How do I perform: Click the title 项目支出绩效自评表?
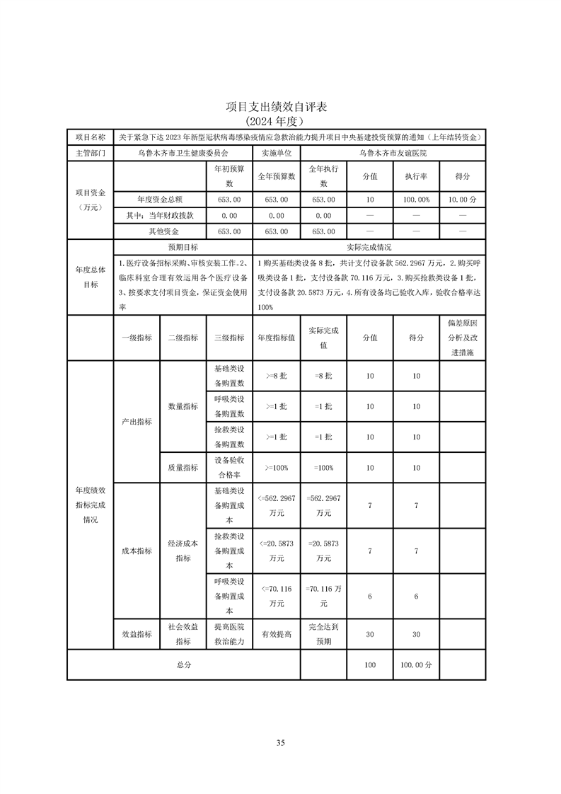click(x=280, y=107)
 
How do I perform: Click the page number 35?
click(x=280, y=742)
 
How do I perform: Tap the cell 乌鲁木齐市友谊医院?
click(x=393, y=152)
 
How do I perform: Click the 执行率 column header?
click(x=416, y=176)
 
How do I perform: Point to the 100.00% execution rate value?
click(x=416, y=200)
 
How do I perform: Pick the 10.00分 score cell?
click(x=462, y=200)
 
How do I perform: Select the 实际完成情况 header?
click(x=369, y=248)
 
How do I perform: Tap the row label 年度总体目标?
click(x=90, y=277)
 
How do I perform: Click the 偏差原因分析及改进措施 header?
click(x=462, y=337)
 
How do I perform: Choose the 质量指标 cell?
click(x=183, y=467)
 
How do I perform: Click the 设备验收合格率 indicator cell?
click(x=229, y=467)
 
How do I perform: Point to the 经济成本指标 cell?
click(x=183, y=551)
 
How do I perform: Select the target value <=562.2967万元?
click(x=276, y=505)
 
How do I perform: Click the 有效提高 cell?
click(x=276, y=634)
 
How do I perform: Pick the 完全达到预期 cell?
click(x=323, y=634)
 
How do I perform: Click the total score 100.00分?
click(x=416, y=665)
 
